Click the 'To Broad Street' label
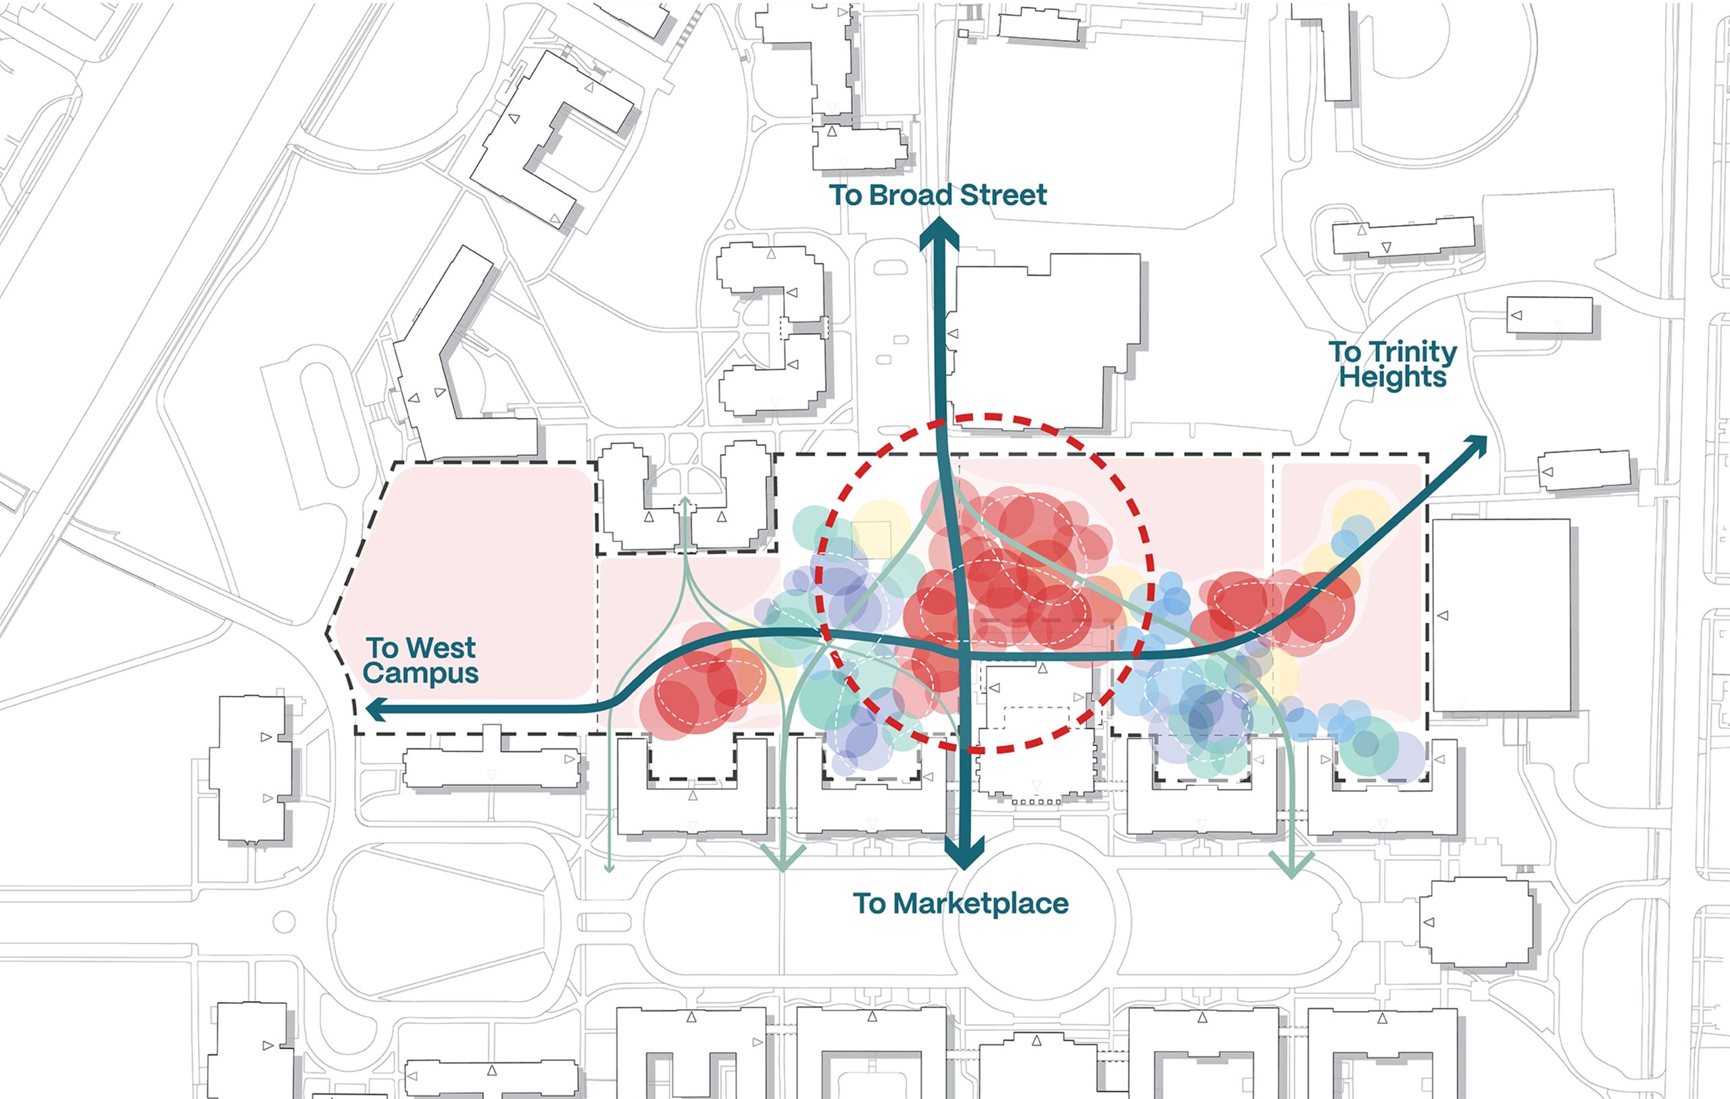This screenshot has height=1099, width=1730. coord(937,195)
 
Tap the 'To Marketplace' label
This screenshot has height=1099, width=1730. coord(960,904)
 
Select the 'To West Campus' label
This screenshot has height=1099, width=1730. coord(420,661)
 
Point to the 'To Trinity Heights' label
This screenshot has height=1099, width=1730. coord(1392,365)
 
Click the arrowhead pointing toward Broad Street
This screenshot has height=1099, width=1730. coord(940,233)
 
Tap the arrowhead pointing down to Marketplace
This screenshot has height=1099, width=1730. coord(964,856)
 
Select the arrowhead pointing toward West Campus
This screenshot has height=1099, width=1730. coord(376,711)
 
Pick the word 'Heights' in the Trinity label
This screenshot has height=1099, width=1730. coord(1392,377)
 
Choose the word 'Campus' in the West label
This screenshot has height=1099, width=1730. coord(420,674)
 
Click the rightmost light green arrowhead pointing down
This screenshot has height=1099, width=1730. coord(1291,866)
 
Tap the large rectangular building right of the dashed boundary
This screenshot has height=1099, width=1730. coord(1500,615)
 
